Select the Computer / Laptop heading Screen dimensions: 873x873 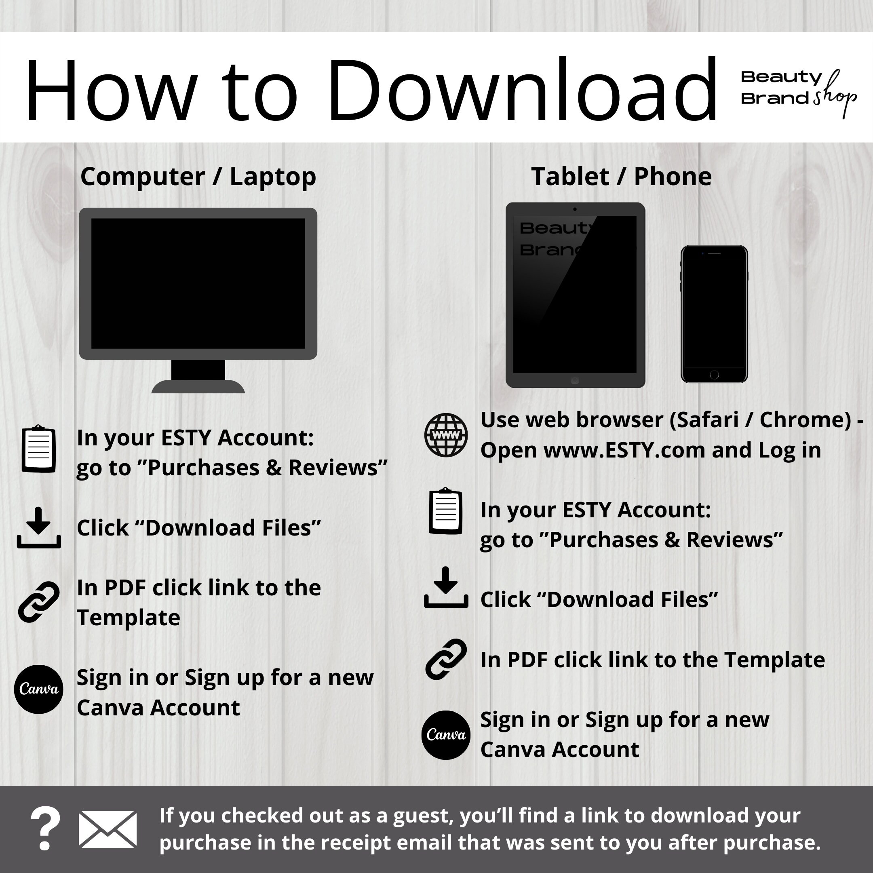pos(198,177)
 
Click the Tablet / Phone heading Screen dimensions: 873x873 pos(621,176)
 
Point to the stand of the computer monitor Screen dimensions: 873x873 pos(198,376)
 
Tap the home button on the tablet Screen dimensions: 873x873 pos(575,380)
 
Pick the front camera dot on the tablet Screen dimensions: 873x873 pos(575,209)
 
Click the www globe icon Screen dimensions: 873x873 pos(446,435)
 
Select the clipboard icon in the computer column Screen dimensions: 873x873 pos(39,449)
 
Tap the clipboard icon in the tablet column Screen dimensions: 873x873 pos(446,511)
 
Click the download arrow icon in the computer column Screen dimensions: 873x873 pos(39,527)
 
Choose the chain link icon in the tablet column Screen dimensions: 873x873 pos(446,659)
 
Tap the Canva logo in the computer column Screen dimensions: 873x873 pos(38,689)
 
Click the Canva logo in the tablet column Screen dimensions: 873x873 pos(446,735)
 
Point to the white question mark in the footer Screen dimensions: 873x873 pos(45,829)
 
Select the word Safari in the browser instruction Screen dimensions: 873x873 pos(706,420)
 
